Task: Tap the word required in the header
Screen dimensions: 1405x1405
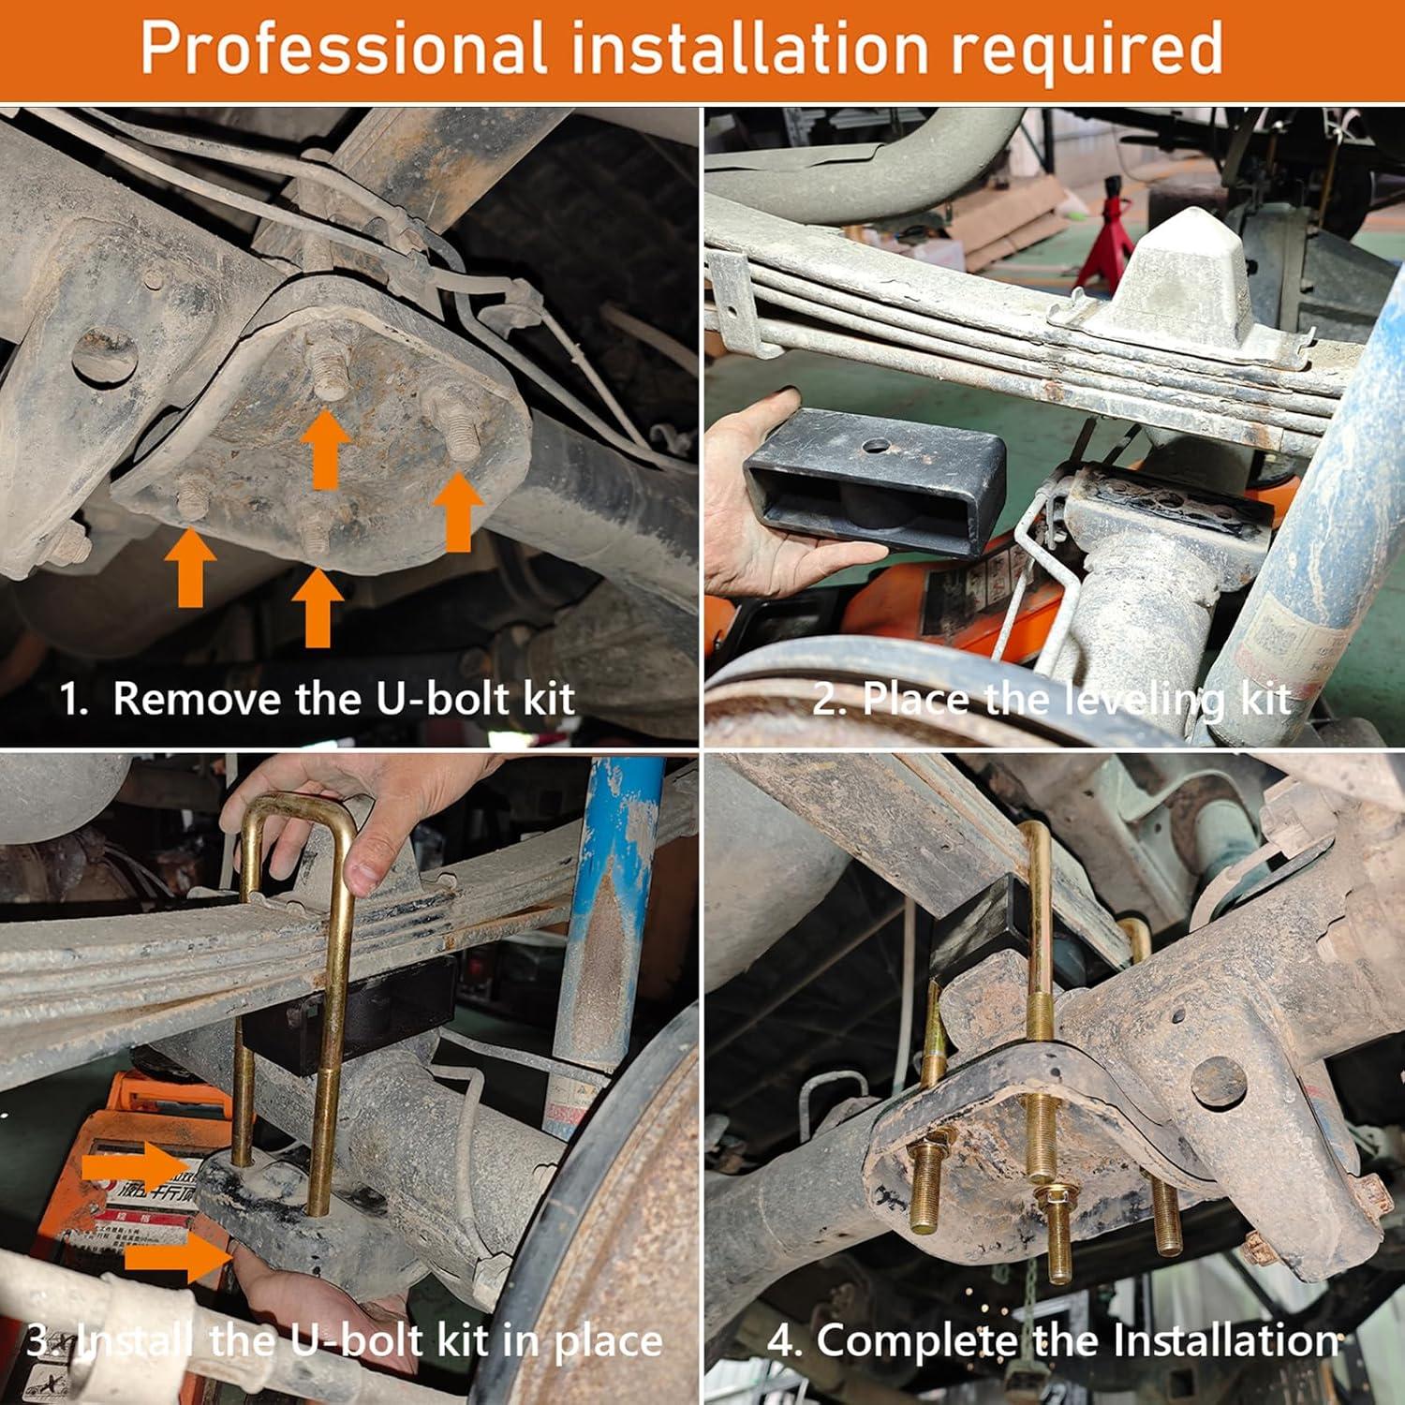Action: click(1087, 50)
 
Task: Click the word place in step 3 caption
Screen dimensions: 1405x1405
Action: click(608, 1342)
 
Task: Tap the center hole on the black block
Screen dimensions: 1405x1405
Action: click(878, 446)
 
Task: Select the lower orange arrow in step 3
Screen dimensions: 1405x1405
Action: click(178, 1257)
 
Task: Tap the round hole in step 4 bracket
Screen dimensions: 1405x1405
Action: click(1218, 1080)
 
